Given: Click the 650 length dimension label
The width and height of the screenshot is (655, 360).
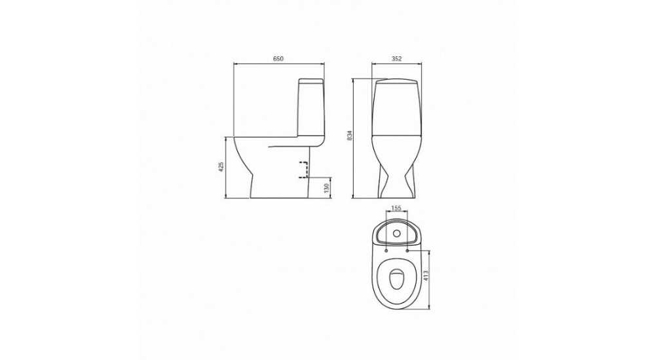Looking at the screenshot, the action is pyautogui.click(x=278, y=59).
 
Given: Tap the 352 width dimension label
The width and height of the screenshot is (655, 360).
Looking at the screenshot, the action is pyautogui.click(x=396, y=59).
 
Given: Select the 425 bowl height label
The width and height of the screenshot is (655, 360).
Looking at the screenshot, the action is pyautogui.click(x=222, y=167).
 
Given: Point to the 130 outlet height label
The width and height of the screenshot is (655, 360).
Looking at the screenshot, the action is pyautogui.click(x=327, y=187).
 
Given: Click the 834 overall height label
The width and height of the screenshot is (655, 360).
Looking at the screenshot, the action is pyautogui.click(x=350, y=135).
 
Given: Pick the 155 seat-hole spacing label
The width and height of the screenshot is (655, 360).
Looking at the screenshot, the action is pyautogui.click(x=396, y=207).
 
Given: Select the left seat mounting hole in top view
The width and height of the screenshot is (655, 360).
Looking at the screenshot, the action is pyautogui.click(x=386, y=251).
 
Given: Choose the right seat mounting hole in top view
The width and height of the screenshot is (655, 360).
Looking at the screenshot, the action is pyautogui.click(x=407, y=251).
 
